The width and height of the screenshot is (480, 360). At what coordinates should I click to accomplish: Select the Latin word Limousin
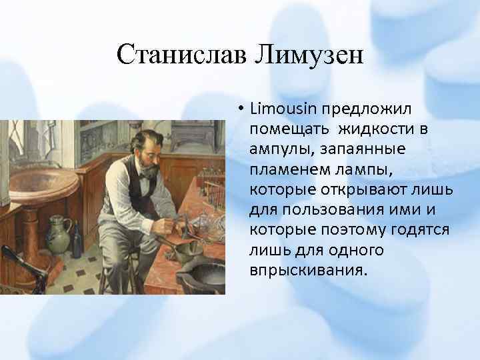pyautogui.click(x=286, y=109)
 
